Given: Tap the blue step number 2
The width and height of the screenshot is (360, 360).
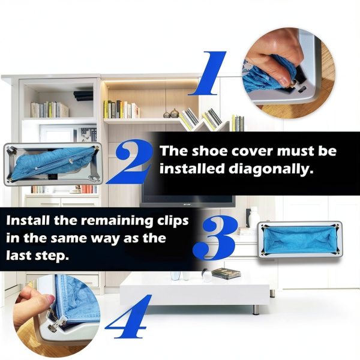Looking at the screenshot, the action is (129, 161).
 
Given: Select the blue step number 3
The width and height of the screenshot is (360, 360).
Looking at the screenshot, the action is (215, 238).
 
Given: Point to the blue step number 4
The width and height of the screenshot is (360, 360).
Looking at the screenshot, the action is (128, 316).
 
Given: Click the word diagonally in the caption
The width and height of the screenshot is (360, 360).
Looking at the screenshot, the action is (271, 170).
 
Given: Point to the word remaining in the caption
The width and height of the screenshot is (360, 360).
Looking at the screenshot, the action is (117, 221).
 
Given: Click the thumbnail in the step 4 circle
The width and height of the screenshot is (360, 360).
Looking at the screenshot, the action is (50, 298).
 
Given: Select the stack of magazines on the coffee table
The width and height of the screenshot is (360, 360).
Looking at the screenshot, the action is (226, 274).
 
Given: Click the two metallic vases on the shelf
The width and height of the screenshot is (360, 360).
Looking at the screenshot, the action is (171, 113).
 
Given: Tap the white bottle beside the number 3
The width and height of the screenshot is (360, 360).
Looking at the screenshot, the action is (254, 217).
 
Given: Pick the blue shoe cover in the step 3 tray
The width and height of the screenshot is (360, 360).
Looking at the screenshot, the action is (299, 240).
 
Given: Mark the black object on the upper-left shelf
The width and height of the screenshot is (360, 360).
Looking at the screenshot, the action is (83, 95).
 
